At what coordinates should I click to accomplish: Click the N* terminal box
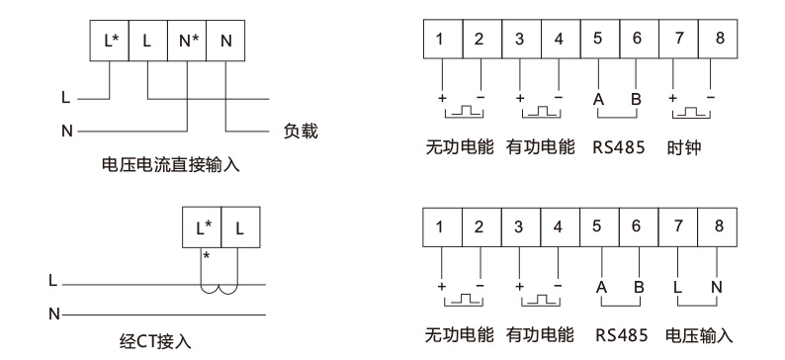187,42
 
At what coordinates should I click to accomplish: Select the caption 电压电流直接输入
170,165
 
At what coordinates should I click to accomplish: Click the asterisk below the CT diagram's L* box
207,256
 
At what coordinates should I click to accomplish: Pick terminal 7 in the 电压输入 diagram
679,225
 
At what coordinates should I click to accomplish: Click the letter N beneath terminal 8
717,287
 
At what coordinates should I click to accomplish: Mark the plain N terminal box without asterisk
226,42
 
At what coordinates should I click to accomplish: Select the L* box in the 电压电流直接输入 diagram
111,42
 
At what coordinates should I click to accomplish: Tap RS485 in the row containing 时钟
619,148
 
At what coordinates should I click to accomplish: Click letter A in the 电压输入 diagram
600,287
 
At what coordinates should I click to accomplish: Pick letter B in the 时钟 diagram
638,100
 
